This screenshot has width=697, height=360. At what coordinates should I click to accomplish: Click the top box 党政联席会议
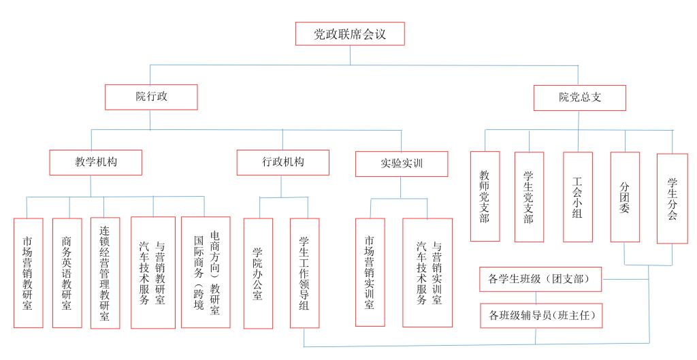click(x=350, y=34)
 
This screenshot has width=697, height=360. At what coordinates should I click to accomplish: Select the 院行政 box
click(x=151, y=97)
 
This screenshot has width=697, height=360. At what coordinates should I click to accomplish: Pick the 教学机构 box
click(x=96, y=163)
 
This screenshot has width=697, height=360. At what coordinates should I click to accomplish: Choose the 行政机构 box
click(x=282, y=162)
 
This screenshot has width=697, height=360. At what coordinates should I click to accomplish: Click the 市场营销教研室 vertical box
click(x=28, y=272)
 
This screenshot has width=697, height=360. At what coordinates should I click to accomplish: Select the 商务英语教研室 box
click(x=67, y=272)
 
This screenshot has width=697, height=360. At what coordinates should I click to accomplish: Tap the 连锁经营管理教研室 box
click(x=105, y=272)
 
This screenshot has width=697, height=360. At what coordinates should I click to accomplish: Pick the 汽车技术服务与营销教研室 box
click(x=152, y=272)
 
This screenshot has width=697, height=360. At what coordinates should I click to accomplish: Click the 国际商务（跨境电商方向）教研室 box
click(x=206, y=272)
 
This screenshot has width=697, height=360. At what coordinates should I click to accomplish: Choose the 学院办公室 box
click(x=258, y=273)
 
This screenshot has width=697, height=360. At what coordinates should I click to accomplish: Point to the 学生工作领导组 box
click(x=304, y=273)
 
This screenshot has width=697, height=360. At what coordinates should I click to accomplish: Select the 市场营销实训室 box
click(x=370, y=272)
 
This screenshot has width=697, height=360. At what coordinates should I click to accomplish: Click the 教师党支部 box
click(x=485, y=196)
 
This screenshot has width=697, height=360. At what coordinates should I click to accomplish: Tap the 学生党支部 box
click(x=529, y=197)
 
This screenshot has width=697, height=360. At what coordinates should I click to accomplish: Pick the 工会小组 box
click(x=578, y=197)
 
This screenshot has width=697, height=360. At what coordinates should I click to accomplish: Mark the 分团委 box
click(x=625, y=197)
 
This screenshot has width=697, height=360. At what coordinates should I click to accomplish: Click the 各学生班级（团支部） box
click(x=540, y=279)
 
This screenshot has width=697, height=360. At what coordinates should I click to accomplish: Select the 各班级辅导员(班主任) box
click(x=540, y=315)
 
